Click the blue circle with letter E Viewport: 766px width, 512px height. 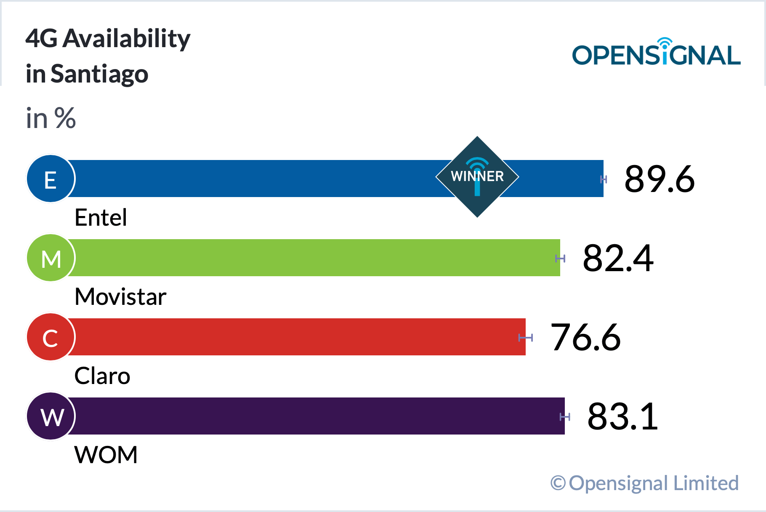point(51,179)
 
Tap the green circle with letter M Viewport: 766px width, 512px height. point(51,258)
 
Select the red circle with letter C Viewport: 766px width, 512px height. point(51,337)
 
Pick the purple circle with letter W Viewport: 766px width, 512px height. point(51,416)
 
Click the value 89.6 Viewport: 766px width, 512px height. point(659,179)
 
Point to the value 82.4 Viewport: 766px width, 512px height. point(618,258)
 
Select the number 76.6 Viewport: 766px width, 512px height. point(585,337)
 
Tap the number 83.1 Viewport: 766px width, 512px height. point(622,416)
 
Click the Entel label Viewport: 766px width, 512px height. point(101,218)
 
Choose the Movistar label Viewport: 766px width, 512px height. point(120,297)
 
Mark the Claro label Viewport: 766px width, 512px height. point(102,376)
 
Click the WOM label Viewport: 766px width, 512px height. point(106,455)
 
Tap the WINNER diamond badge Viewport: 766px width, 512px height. point(477,177)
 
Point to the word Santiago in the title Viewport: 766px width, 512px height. point(99,74)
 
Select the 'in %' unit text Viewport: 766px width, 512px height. point(51,118)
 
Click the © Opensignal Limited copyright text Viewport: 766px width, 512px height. point(644,483)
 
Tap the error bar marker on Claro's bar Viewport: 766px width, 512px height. point(526,337)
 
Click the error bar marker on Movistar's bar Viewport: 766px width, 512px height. point(560,258)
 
